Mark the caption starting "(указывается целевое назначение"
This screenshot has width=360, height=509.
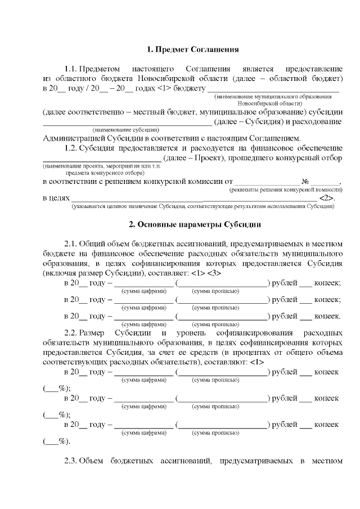202,206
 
